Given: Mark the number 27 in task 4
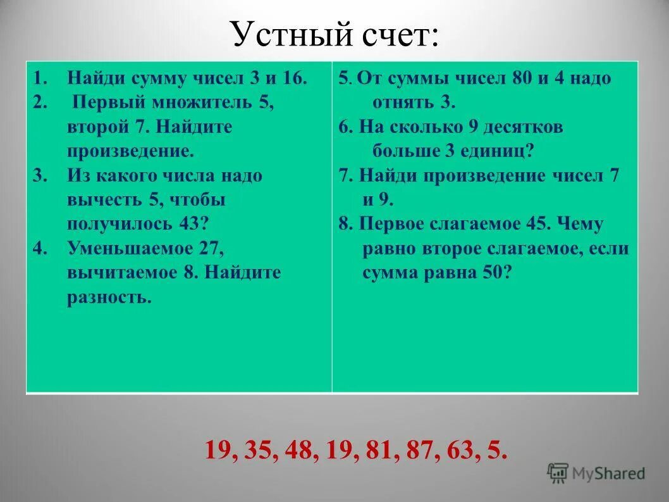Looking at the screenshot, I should pyautogui.click(x=212, y=248).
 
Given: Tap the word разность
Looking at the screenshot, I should pyautogui.click(x=109, y=297).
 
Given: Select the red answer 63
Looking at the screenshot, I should pyautogui.click(x=467, y=451).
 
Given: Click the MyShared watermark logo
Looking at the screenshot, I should pyautogui.click(x=596, y=473).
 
